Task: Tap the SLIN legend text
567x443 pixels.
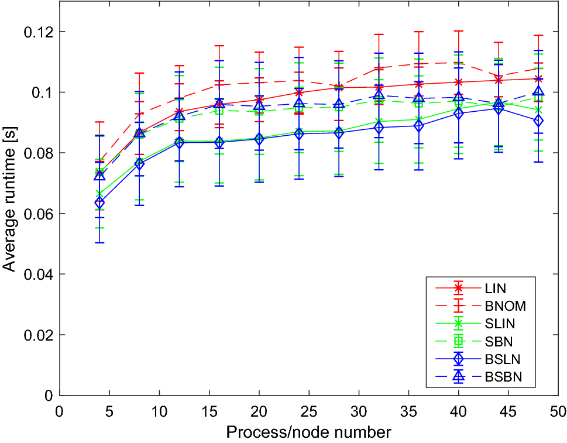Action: pos(499,324)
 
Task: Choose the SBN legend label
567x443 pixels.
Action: pos(497,342)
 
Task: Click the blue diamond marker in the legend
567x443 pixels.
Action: pos(458,359)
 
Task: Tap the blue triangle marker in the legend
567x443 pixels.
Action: pos(458,377)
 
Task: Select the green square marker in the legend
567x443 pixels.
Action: pos(458,341)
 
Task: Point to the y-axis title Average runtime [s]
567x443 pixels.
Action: pos(10,198)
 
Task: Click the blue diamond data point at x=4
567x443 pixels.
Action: pos(99,203)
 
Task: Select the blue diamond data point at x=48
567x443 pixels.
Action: pos(538,121)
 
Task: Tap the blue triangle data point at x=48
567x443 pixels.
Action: pos(538,92)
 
